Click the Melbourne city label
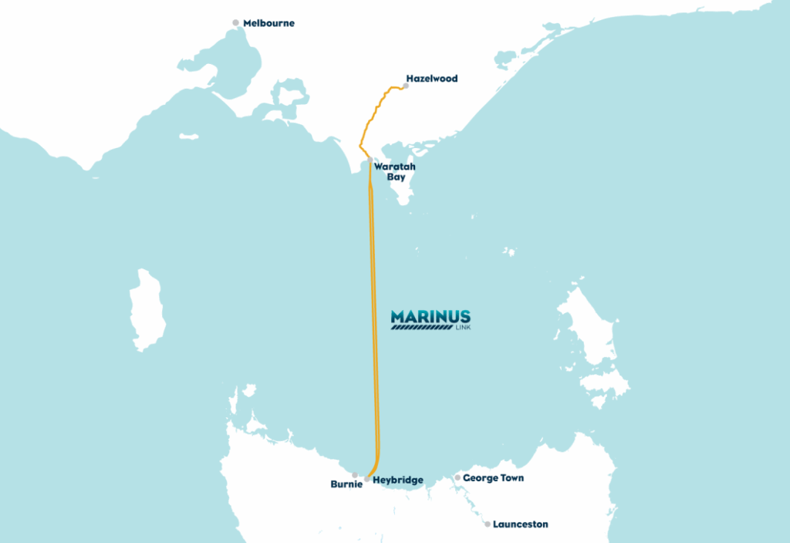click(268, 23)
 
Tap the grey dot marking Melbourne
click(236, 23)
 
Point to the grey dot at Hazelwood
click(406, 86)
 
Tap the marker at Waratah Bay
click(370, 160)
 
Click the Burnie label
click(346, 485)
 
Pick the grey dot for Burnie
click(355, 475)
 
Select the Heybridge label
click(397, 481)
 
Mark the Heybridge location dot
click(366, 479)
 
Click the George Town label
click(493, 478)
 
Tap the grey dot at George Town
click(457, 478)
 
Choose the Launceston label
click(521, 524)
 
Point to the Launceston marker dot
click(488, 524)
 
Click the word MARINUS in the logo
click(430, 316)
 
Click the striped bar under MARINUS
click(421, 327)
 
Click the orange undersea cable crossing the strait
click(374, 309)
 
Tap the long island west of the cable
click(145, 309)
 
